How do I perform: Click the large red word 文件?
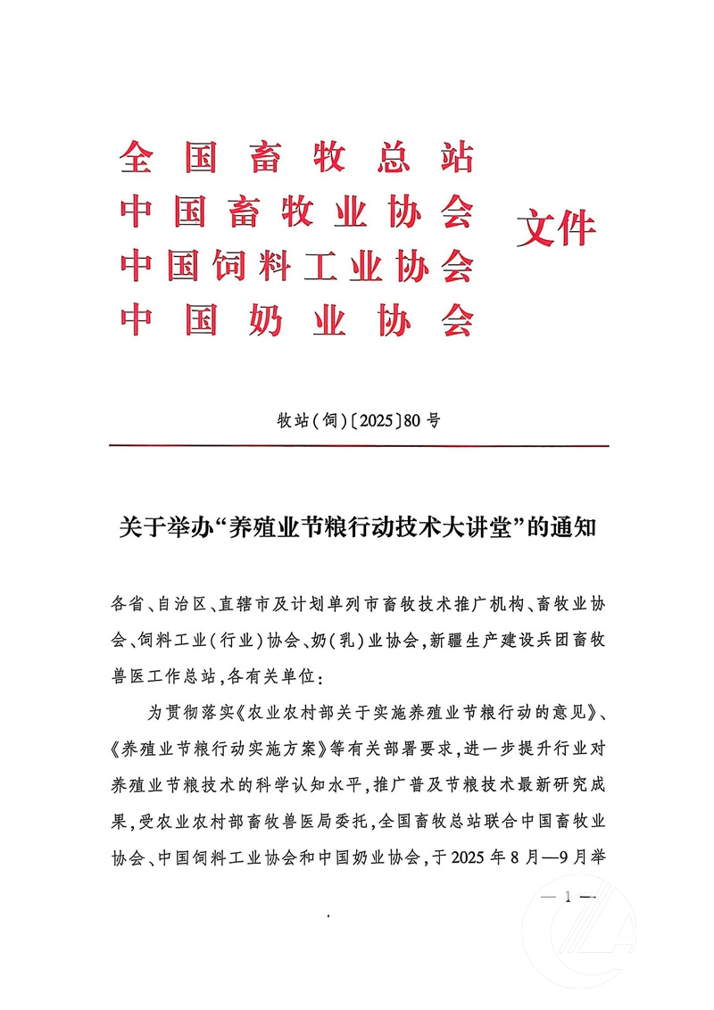(556, 230)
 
